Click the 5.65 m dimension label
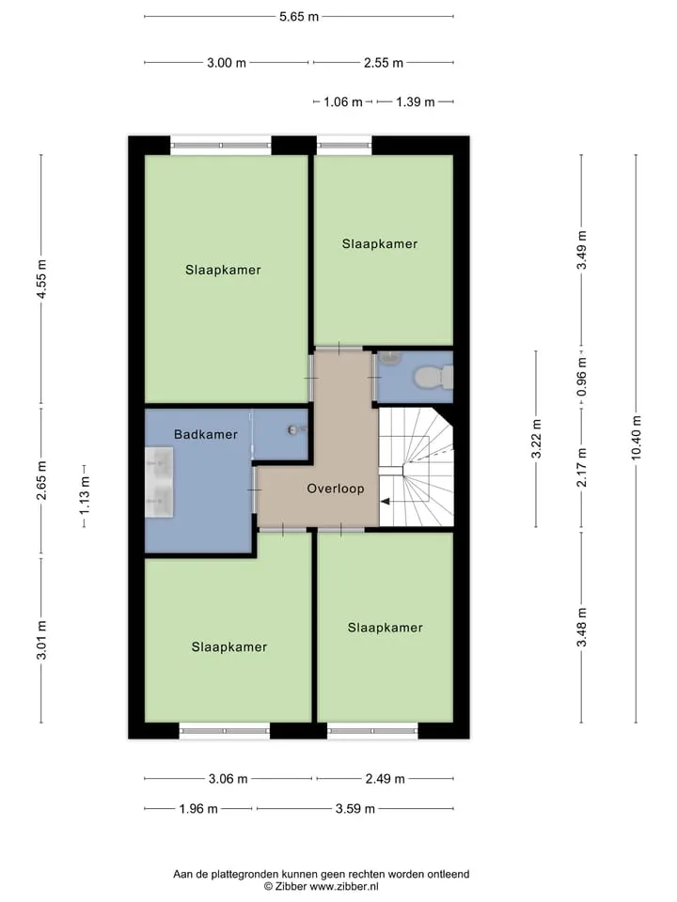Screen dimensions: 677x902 pyautogui.click(x=299, y=17)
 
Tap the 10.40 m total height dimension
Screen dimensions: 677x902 pyautogui.click(x=637, y=438)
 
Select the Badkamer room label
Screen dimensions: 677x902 pyautogui.click(x=206, y=434)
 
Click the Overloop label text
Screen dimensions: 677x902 pyautogui.click(x=335, y=489)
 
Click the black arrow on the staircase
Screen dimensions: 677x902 pyautogui.click(x=386, y=502)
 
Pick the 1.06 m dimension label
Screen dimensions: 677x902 pyautogui.click(x=343, y=101)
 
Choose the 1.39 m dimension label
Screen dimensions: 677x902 pyautogui.click(x=415, y=101)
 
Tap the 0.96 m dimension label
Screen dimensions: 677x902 pyautogui.click(x=581, y=377)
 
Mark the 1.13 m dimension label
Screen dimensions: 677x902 pyautogui.click(x=85, y=495)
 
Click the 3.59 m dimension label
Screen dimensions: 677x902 pyautogui.click(x=355, y=809)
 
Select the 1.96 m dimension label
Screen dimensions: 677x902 pyautogui.click(x=198, y=809)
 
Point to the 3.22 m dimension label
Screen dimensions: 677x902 pyautogui.click(x=536, y=439)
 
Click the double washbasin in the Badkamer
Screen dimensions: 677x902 pyautogui.click(x=159, y=483)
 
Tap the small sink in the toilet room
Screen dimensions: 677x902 pyautogui.click(x=390, y=359)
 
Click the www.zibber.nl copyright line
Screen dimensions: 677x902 pyautogui.click(x=322, y=886)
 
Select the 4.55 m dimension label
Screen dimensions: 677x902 pyautogui.click(x=40, y=280)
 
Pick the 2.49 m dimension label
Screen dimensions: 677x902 pyautogui.click(x=386, y=779)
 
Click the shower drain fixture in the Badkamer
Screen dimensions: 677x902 pyautogui.click(x=294, y=429)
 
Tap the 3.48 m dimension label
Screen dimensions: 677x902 pyautogui.click(x=581, y=627)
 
